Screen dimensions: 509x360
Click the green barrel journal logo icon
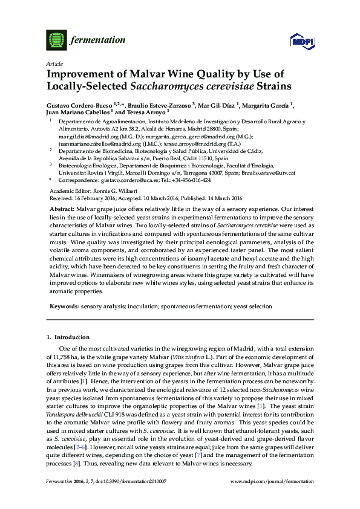[56, 41]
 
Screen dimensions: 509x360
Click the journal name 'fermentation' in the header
[98, 41]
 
